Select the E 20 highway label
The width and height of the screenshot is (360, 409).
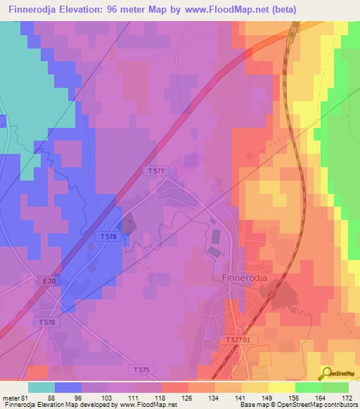pos(48,281)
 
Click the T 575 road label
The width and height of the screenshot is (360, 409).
pos(141,369)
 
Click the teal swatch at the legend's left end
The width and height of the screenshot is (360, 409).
pos(41,387)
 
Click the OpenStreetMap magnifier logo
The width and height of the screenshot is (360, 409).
pos(327,372)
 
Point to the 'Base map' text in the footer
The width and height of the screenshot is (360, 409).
pos(252,405)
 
